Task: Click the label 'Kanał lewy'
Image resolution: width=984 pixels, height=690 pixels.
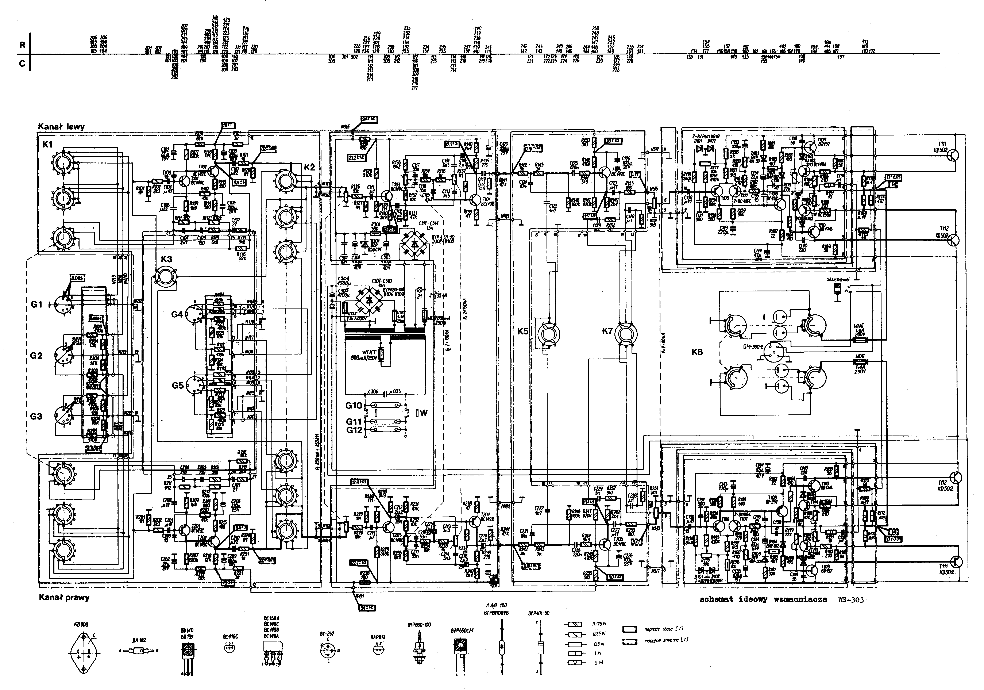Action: point(61,127)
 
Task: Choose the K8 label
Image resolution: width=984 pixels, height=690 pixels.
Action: point(697,352)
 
